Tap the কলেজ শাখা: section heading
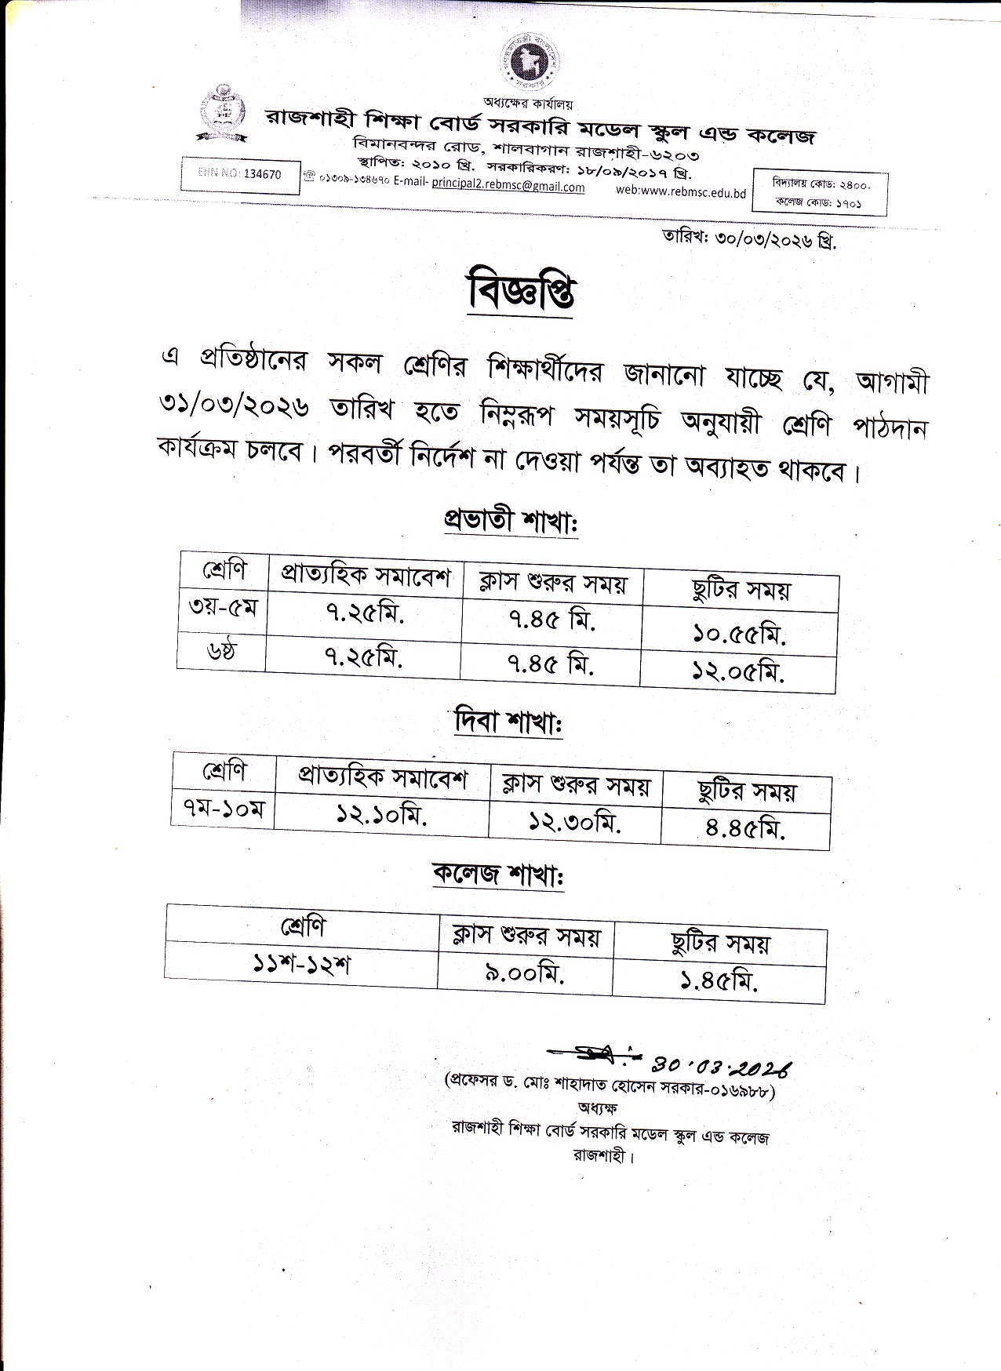click(x=499, y=875)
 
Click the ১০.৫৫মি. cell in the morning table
click(x=739, y=634)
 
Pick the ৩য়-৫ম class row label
click(x=223, y=608)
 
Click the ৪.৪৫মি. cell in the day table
click(x=744, y=829)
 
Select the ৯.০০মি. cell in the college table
click(x=525, y=975)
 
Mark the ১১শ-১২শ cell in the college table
click(x=302, y=963)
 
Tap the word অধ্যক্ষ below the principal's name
click(x=599, y=1108)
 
